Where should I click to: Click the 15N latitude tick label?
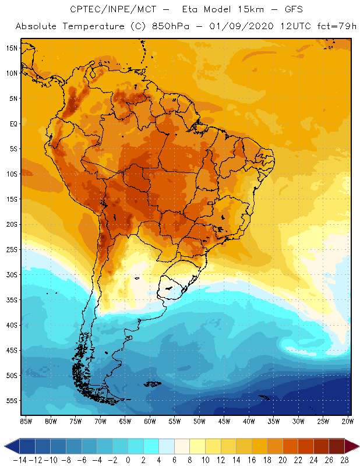tap(12, 48)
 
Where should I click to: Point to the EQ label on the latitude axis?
tap(12, 123)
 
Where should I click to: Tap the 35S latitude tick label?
tap(12, 300)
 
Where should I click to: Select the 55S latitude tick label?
tap(12, 401)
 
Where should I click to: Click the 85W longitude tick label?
tap(26, 421)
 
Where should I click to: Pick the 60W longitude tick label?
tap(150, 421)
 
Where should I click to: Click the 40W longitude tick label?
tap(249, 421)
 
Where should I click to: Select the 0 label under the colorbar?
tap(128, 459)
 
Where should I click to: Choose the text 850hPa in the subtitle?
tap(167, 27)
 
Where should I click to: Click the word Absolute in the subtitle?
tap(41, 27)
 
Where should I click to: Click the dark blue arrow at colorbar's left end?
tap(10, 446)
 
